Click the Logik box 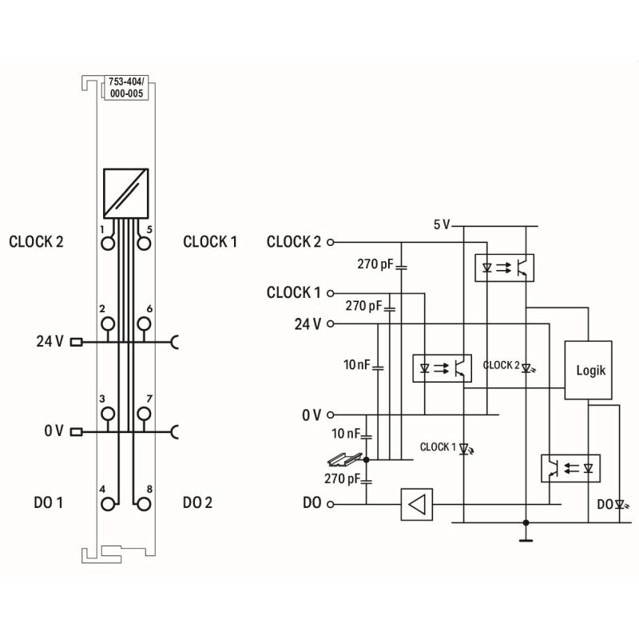(589, 370)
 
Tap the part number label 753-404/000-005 (125, 86)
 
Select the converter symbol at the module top (125, 192)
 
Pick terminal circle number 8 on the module (144, 503)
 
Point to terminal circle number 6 (144, 323)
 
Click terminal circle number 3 (107, 413)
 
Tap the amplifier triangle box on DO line (417, 504)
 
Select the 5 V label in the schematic (442, 224)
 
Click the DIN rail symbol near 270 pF (344, 461)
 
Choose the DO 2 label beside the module (197, 502)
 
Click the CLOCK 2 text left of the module (36, 241)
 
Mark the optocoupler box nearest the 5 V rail (504, 266)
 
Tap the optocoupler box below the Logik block (570, 466)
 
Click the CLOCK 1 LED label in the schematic (438, 447)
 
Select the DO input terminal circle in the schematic (331, 504)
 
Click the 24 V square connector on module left (77, 343)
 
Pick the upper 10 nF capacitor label (356, 364)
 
